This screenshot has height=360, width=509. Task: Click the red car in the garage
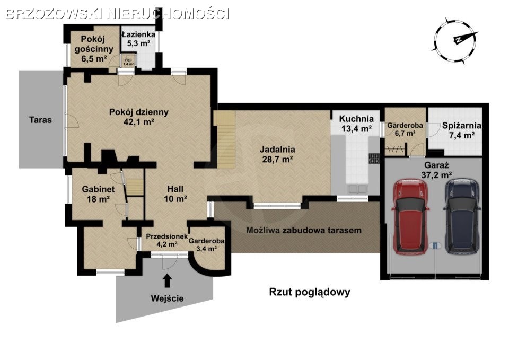click(410, 216)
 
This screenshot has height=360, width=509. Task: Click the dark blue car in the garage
click(462, 216)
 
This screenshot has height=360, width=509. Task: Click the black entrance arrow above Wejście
click(167, 281)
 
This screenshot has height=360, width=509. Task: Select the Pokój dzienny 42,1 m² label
click(138, 117)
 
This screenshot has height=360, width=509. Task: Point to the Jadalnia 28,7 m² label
click(277, 154)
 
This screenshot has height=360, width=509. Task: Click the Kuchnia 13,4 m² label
click(356, 124)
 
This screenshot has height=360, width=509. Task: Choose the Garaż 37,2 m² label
click(436, 170)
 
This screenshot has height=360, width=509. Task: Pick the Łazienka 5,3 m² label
click(138, 39)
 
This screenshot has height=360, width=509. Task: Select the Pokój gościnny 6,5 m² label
click(94, 49)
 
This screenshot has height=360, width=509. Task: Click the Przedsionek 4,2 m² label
click(167, 240)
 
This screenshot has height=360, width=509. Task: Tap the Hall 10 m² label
click(175, 194)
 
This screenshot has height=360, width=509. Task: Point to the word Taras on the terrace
click(41, 120)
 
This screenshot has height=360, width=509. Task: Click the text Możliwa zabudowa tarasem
click(304, 231)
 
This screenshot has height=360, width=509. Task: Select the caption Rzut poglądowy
click(310, 292)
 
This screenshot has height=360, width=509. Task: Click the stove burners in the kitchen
click(374, 159)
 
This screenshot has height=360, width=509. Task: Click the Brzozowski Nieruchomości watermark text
click(118, 14)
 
